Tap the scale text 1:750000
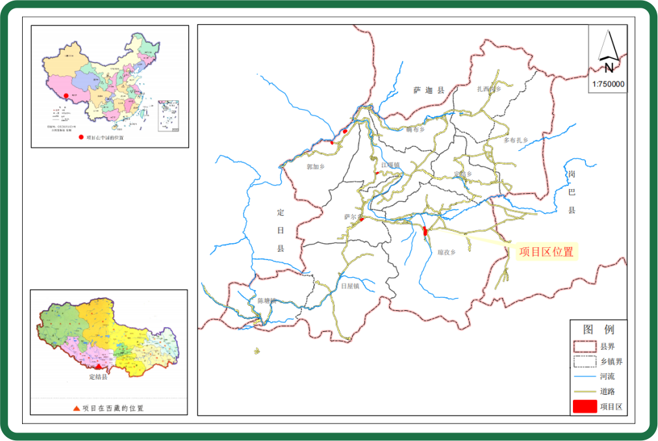608,84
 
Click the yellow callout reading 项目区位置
546,252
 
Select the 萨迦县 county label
428,90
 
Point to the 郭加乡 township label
315,167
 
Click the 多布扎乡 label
516,140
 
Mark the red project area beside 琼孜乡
425,231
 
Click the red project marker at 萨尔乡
361,220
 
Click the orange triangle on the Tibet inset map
99,367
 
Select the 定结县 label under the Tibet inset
98,377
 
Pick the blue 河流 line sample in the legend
585,377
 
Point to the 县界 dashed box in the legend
585,347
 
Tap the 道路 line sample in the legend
585,392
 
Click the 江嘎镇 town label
391,165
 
